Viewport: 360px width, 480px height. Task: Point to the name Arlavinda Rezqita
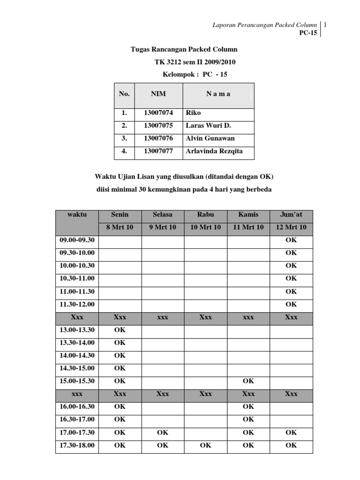[213, 151]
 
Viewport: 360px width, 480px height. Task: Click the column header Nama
[218, 94]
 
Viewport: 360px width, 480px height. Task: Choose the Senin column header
[120, 215]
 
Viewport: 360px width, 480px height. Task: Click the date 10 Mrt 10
[205, 227]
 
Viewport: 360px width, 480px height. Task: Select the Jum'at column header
[291, 215]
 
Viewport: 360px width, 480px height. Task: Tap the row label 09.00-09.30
[77, 240]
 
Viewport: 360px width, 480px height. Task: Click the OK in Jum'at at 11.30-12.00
[291, 304]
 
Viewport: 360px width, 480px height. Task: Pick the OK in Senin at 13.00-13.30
[120, 330]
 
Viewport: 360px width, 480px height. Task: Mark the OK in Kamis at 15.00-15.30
[248, 381]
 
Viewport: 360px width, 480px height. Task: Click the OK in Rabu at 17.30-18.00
[205, 445]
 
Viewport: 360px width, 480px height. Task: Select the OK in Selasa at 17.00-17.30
[162, 432]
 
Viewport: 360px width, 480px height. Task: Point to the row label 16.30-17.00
[77, 420]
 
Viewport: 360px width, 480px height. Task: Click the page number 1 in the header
[325, 25]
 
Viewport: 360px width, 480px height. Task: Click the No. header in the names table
[124, 94]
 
